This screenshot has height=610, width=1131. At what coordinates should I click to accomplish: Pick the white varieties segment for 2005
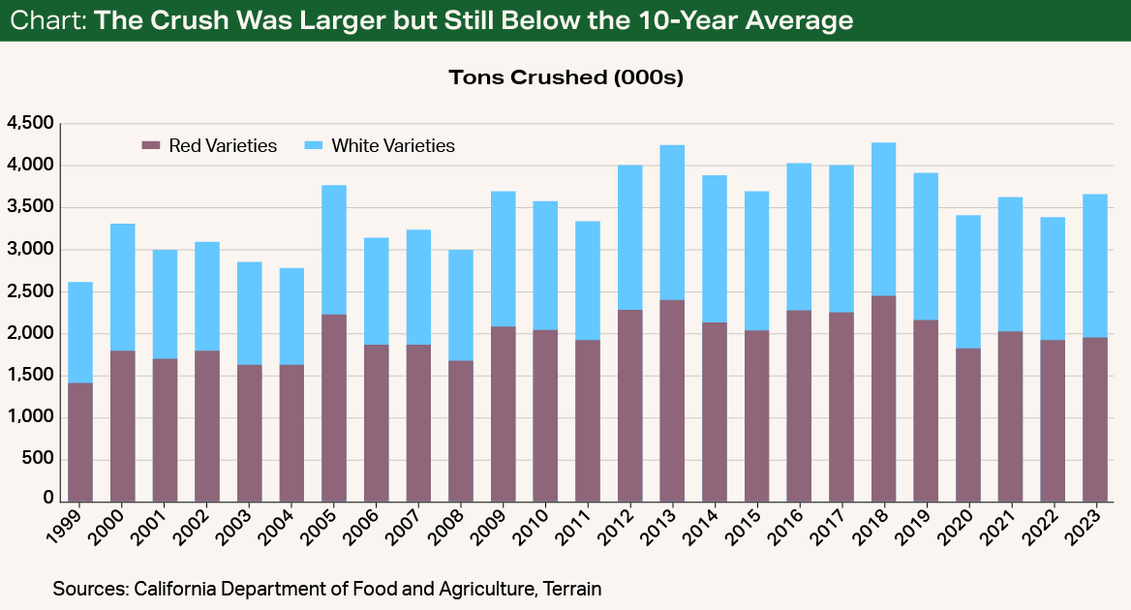point(333,250)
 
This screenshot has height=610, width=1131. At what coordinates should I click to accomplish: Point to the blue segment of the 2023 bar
point(1095,266)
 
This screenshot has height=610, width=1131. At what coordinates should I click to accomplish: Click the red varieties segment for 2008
point(461,431)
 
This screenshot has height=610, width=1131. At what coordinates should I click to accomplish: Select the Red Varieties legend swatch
point(151,146)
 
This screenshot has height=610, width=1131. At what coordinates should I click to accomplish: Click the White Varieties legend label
point(392,146)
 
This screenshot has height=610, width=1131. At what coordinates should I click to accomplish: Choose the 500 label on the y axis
point(40,459)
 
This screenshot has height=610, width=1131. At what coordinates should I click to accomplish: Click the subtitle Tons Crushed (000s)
point(565,77)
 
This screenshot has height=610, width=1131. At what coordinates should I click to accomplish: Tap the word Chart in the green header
point(46,20)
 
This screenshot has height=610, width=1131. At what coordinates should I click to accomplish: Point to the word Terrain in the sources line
point(569,588)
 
